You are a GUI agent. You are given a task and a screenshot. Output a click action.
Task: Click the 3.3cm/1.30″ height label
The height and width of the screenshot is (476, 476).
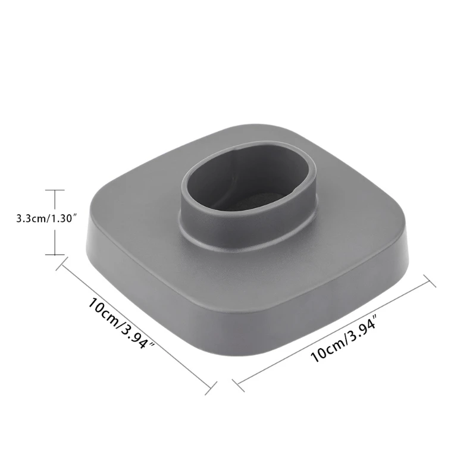(x=47, y=219)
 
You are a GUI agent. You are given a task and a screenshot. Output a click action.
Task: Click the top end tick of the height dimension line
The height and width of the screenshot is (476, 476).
(x=55, y=190)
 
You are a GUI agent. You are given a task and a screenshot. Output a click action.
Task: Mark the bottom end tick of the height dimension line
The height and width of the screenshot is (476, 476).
(x=55, y=255)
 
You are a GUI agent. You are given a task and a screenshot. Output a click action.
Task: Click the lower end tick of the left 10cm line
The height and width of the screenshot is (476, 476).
(x=209, y=390)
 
